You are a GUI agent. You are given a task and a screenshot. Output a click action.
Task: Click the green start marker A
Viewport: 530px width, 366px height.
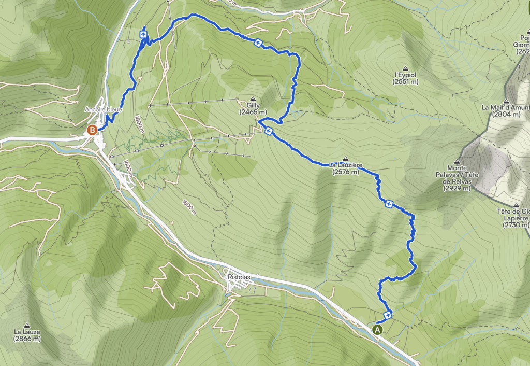(x=377, y=329)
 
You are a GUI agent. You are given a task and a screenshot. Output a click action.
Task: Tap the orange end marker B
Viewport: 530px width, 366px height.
(x=92, y=130)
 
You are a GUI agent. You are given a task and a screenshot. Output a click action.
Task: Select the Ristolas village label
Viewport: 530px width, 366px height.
(x=239, y=277)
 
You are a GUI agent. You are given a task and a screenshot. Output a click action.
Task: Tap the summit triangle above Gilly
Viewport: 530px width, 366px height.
(x=253, y=98)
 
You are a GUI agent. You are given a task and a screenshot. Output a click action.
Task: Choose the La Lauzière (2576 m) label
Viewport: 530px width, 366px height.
(x=345, y=168)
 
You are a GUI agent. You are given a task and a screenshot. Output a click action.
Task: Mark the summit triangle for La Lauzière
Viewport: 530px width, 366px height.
(x=345, y=159)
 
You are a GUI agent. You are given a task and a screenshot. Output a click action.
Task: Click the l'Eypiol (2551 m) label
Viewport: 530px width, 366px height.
(x=405, y=78)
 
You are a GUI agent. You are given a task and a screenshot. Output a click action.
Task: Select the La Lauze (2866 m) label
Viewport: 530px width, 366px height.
(x=27, y=335)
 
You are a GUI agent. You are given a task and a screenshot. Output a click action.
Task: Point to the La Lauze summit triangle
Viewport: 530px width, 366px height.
(x=27, y=325)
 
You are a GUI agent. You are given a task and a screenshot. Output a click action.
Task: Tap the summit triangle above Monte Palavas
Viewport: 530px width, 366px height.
(x=457, y=161)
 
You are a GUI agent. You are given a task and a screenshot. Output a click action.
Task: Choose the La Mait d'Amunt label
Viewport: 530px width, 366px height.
(x=505, y=111)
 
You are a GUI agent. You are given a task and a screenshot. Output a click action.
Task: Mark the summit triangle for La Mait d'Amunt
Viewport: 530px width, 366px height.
(x=506, y=101)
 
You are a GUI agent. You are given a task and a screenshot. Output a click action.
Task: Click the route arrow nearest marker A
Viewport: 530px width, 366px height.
(x=388, y=314)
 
